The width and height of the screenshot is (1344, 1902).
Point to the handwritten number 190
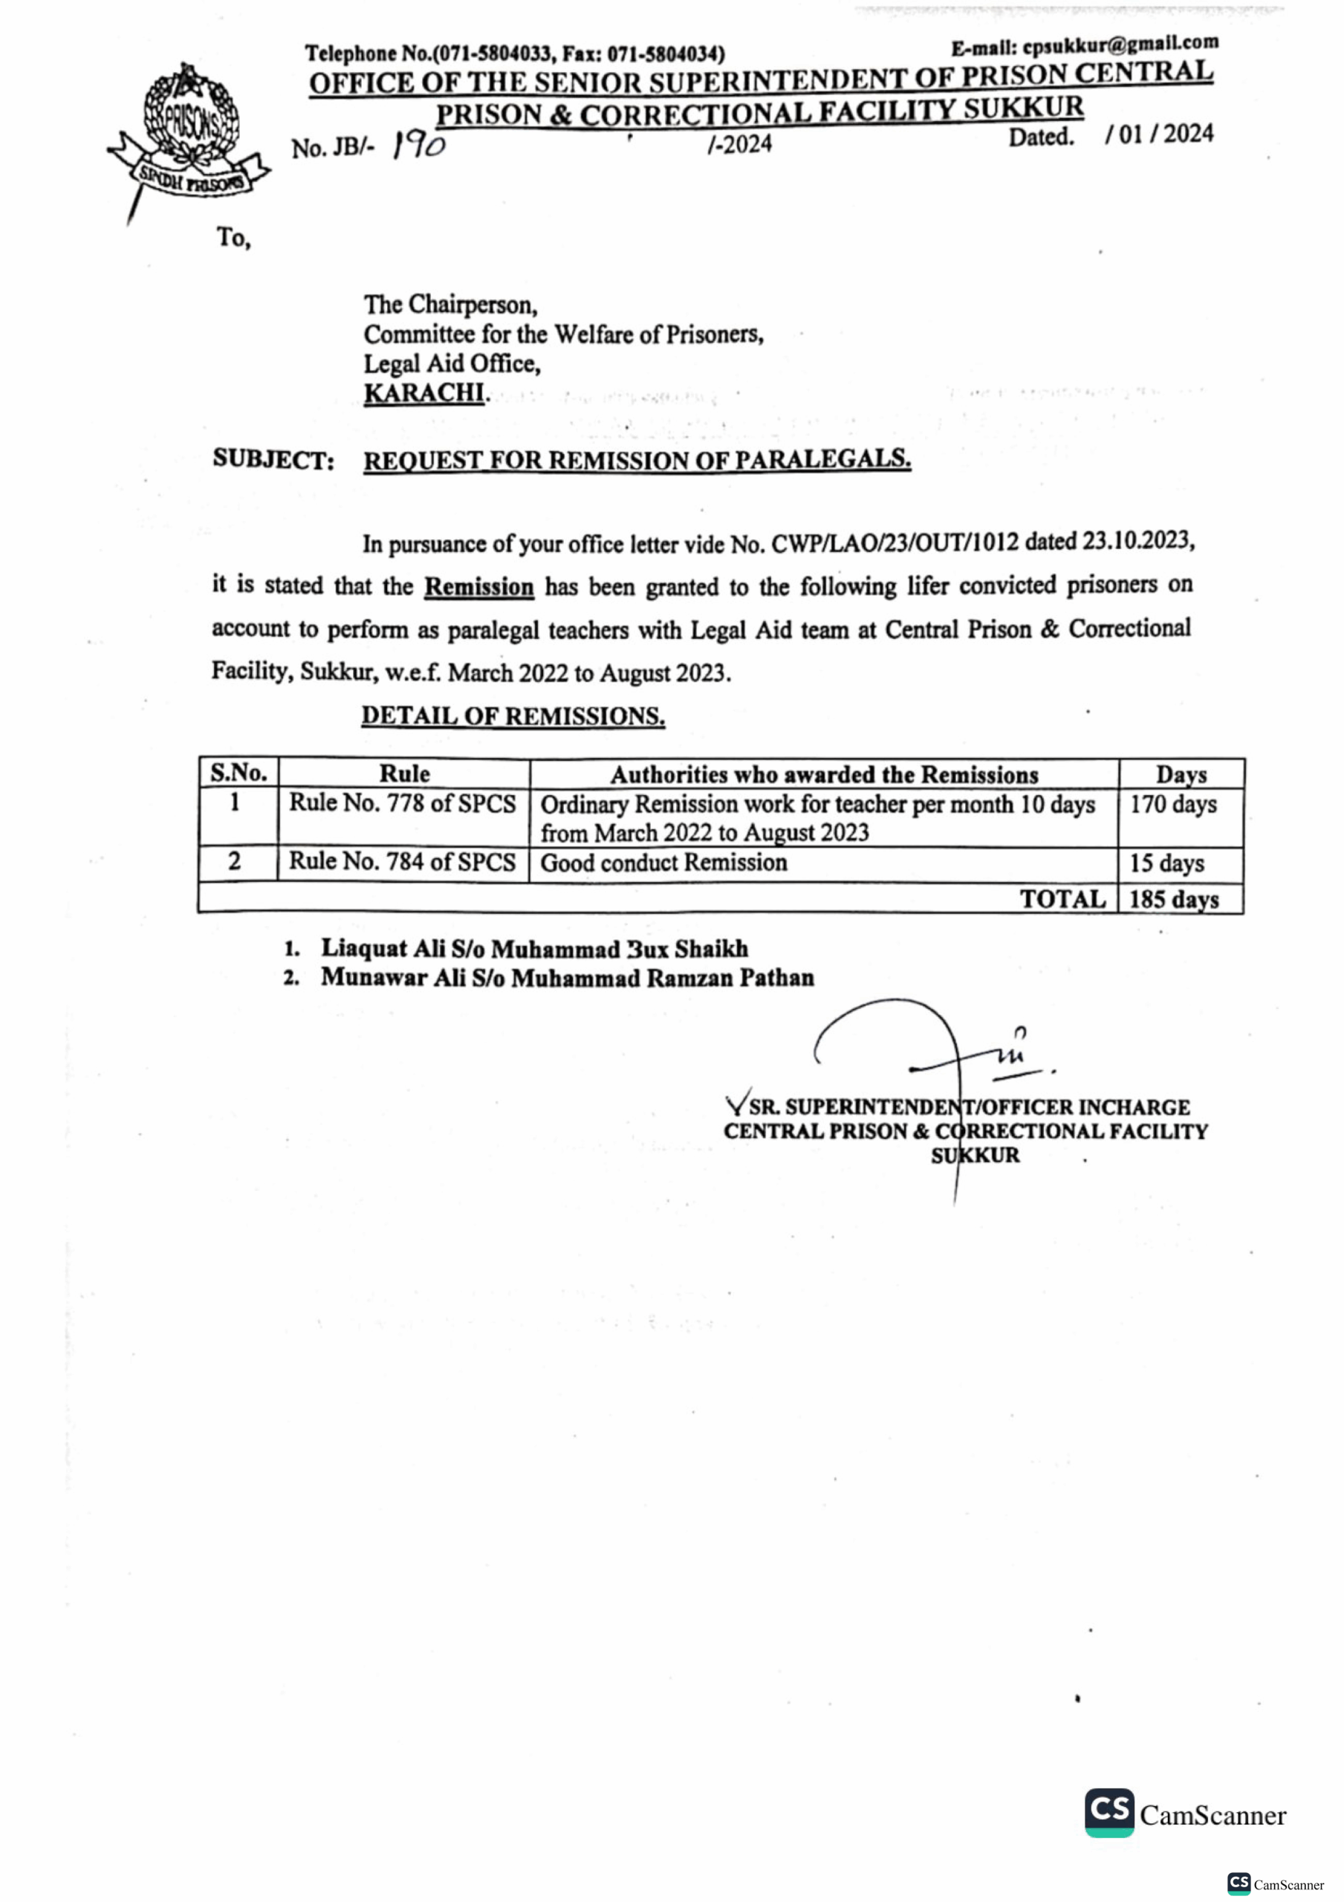click(419, 146)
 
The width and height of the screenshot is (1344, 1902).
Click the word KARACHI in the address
click(424, 394)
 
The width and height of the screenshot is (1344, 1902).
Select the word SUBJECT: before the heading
click(273, 460)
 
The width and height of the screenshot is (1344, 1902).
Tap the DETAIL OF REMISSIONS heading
click(513, 715)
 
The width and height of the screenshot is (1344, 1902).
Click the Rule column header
click(404, 773)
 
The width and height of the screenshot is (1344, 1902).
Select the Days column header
click(1181, 775)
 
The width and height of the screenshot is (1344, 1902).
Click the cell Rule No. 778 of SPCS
click(402, 804)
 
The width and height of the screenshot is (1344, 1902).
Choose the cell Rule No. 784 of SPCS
click(402, 863)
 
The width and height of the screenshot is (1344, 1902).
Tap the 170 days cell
click(1173, 805)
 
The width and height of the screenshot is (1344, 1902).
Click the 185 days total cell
click(1173, 900)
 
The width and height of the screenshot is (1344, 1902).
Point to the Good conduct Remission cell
click(663, 863)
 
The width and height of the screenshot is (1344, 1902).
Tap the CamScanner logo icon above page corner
click(1108, 1813)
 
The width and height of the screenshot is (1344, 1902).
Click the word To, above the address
click(234, 238)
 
